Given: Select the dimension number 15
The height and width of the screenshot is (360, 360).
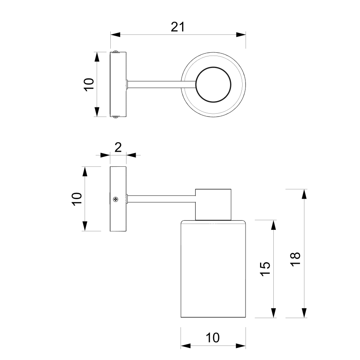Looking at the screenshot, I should click(x=266, y=269).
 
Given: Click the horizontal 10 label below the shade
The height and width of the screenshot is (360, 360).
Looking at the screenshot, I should click(x=212, y=338).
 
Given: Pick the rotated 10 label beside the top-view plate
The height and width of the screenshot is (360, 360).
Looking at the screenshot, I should click(x=89, y=84).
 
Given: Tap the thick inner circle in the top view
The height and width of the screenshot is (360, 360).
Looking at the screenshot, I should click(x=213, y=84).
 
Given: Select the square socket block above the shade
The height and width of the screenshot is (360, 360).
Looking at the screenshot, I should click(x=213, y=204).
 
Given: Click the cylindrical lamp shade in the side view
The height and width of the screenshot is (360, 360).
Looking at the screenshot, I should click(x=213, y=270).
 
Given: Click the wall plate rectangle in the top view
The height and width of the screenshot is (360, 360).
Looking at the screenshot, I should click(x=119, y=84).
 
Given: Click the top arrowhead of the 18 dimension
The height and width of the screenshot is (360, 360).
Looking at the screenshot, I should click(x=304, y=194).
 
